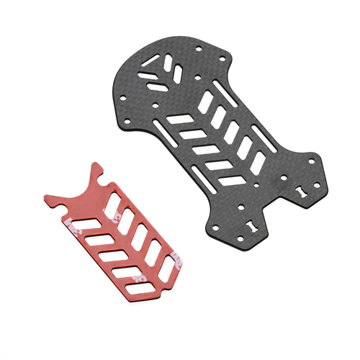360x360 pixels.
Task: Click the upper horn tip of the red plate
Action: (x=99, y=165)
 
